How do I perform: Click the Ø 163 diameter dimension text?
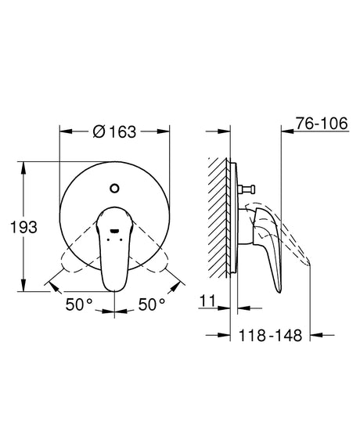[x=115, y=132]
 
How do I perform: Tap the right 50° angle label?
[x=152, y=303]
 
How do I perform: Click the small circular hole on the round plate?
[x=115, y=188]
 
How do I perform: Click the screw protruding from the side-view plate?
[x=246, y=189]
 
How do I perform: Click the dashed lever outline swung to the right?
[x=164, y=270]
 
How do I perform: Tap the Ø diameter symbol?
[x=97, y=132]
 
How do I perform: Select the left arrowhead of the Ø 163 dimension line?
[x=63, y=132]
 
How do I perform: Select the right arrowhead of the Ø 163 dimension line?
[x=167, y=132]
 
